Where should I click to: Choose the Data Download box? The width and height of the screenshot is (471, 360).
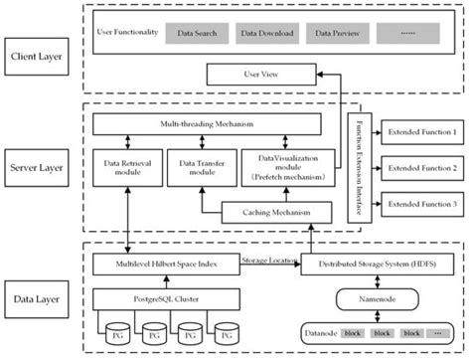pyautogui.click(x=265, y=34)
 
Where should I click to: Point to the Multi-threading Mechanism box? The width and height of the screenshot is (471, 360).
pyautogui.click(x=206, y=124)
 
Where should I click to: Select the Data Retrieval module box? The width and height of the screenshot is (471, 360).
pyautogui.click(x=124, y=165)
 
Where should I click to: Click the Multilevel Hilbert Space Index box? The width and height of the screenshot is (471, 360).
pyautogui.click(x=166, y=265)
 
